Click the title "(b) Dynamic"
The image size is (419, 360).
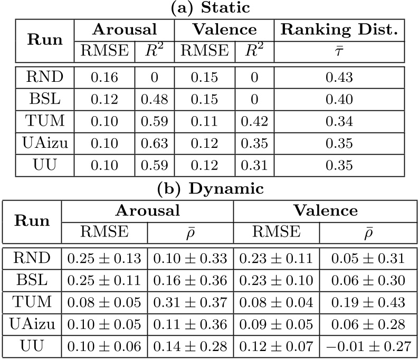tap(209, 188)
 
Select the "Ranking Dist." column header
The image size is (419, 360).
tap(339, 30)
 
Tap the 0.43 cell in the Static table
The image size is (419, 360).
tap(339, 78)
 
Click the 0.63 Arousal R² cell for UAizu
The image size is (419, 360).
tap(155, 144)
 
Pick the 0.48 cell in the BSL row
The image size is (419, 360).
tap(155, 100)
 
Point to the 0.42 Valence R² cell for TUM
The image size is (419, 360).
tap(254, 121)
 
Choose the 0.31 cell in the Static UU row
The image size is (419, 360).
tap(254, 165)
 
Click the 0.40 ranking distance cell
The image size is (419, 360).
tap(339, 100)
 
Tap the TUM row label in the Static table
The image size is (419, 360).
tap(45, 121)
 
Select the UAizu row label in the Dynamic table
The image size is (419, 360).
tap(31, 324)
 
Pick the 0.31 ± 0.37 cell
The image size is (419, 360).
tap(190, 302)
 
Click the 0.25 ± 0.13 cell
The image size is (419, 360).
tap(104, 259)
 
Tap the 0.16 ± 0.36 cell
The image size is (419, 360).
tap(190, 281)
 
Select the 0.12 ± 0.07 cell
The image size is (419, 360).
tap(276, 346)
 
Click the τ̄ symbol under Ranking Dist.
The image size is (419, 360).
tap(339, 51)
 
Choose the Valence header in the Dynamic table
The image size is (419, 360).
tap(326, 211)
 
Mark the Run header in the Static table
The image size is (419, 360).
tap(45, 40)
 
